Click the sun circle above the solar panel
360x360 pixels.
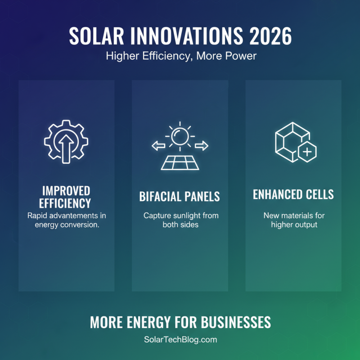coord(180,135)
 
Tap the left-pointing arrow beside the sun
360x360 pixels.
coord(157,145)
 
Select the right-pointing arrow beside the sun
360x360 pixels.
coord(202,145)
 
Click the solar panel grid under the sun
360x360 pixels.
coord(180,162)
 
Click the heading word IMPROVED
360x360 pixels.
coord(67,190)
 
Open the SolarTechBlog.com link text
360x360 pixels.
coord(180,340)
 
